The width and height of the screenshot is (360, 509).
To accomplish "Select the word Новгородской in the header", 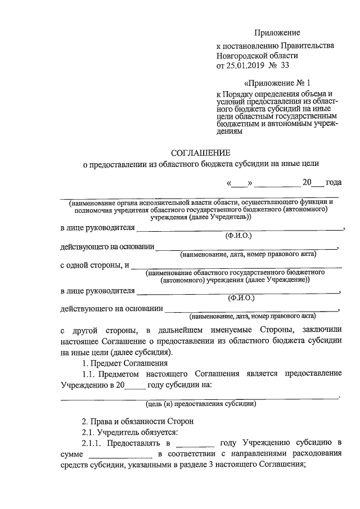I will pyautogui.click(x=245, y=55).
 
